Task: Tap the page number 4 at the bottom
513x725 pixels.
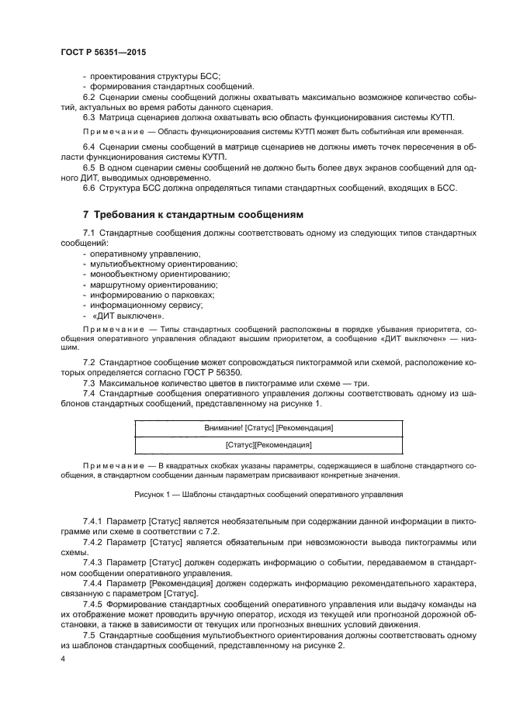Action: [62, 659]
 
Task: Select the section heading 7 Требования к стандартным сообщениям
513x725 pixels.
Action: [193, 213]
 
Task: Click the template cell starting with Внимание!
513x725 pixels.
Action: [269, 427]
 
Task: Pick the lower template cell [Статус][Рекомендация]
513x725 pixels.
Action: [269, 445]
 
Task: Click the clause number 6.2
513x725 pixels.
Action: [88, 97]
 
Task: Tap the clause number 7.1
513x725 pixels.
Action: [88, 233]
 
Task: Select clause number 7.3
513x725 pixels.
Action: [88, 382]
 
